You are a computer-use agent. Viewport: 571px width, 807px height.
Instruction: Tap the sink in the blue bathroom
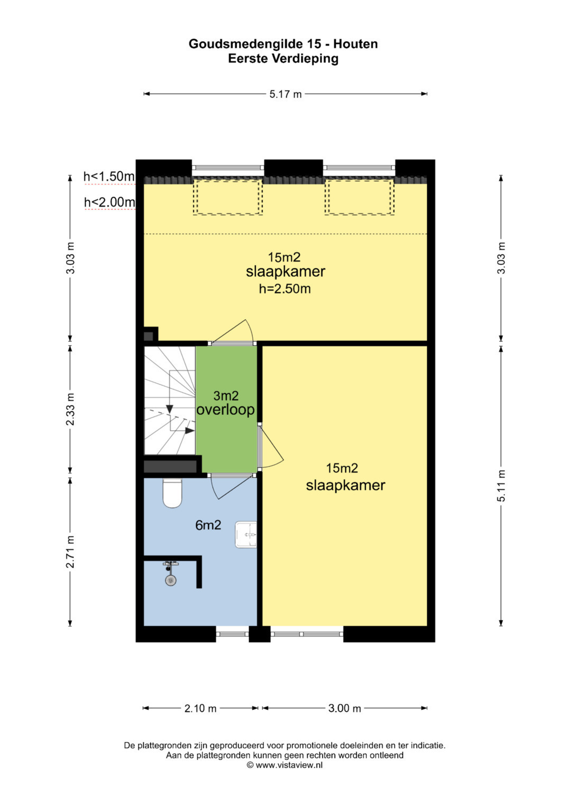pos(246,535)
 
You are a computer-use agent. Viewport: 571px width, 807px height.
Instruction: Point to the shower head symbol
pos(170,580)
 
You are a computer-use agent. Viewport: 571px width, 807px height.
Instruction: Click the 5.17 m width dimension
pos(285,94)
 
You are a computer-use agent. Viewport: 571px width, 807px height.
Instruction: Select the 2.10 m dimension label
pos(200,709)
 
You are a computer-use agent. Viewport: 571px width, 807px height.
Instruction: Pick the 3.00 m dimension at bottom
pos(345,708)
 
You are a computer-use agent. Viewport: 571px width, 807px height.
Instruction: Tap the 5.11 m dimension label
pos(501,486)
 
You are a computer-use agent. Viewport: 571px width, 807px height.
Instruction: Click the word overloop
pos(226,410)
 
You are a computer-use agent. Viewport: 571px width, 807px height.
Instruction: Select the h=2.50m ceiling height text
pos(285,289)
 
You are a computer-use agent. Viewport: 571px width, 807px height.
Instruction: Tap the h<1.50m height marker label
pos(109,177)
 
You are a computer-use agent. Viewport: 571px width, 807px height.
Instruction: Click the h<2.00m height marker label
pos(109,202)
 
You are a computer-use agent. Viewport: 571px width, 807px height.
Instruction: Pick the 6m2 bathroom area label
pos(208,525)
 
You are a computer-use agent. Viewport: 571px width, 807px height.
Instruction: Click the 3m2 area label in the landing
pos(226,396)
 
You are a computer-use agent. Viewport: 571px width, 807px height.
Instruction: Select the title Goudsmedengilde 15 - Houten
pos(283,44)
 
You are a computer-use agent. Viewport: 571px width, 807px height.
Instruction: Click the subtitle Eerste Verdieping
pos(283,58)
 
